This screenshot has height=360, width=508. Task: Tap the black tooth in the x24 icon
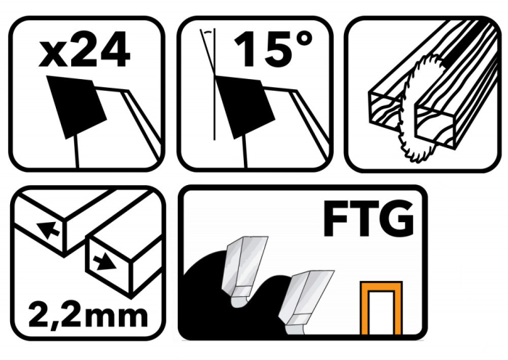coord(75,106)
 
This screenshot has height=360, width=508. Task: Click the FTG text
coord(369,221)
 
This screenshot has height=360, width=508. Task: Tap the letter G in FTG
coord(397,221)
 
